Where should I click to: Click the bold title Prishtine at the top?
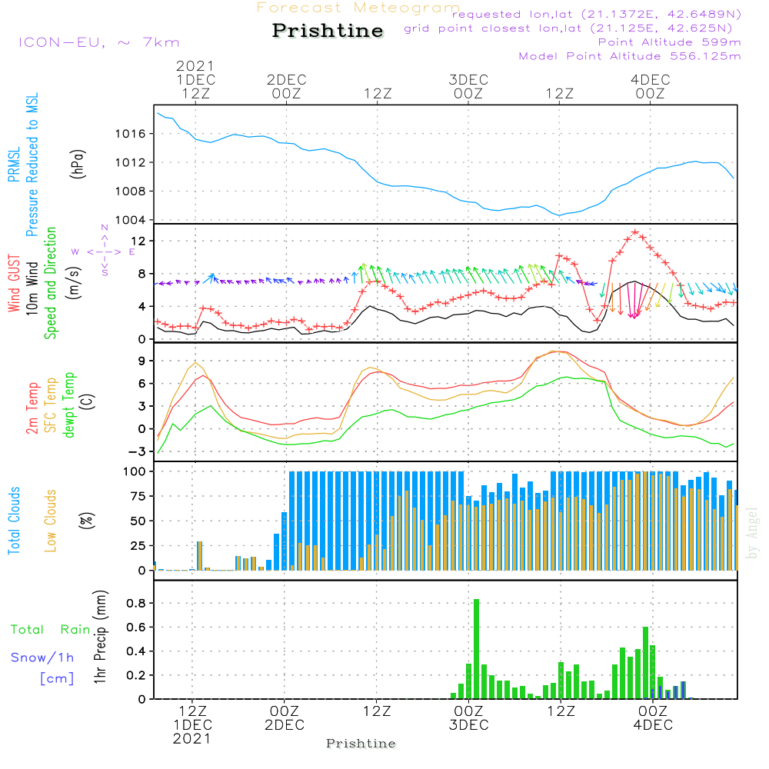(x=328, y=31)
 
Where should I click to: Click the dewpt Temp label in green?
(x=69, y=404)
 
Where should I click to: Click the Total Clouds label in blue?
(x=15, y=521)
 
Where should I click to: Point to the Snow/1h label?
(x=42, y=657)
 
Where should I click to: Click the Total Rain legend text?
(x=50, y=630)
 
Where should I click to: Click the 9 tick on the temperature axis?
(x=143, y=361)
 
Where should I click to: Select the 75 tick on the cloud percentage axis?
(x=139, y=497)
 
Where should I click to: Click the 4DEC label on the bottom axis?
(x=652, y=725)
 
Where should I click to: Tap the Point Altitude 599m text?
(x=669, y=42)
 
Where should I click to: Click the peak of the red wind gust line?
(x=635, y=231)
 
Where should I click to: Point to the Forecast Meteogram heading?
(x=358, y=8)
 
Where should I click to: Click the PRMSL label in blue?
(x=15, y=161)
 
